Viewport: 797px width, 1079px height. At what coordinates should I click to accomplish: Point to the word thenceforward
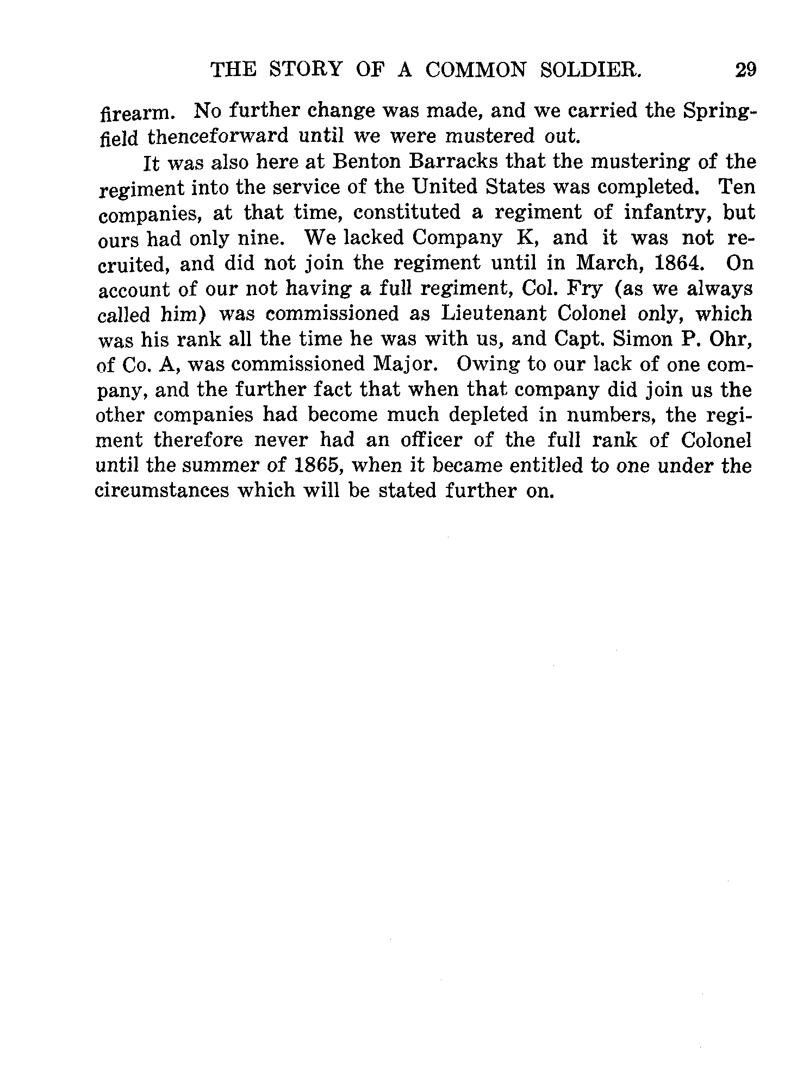tap(217, 137)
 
